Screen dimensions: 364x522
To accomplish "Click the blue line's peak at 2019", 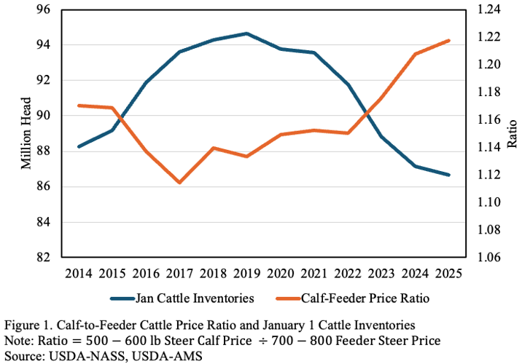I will pos(246,33).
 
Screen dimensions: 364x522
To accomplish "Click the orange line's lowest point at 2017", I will pos(179,182).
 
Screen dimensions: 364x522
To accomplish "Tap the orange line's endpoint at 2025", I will pos(448,41).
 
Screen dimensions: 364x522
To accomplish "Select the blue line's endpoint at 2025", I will pos(448,175).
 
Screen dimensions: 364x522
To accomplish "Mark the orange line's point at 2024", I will pos(415,54).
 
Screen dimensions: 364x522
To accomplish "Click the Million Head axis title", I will pos(26,133).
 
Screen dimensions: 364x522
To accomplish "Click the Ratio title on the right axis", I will pos(511,133).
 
